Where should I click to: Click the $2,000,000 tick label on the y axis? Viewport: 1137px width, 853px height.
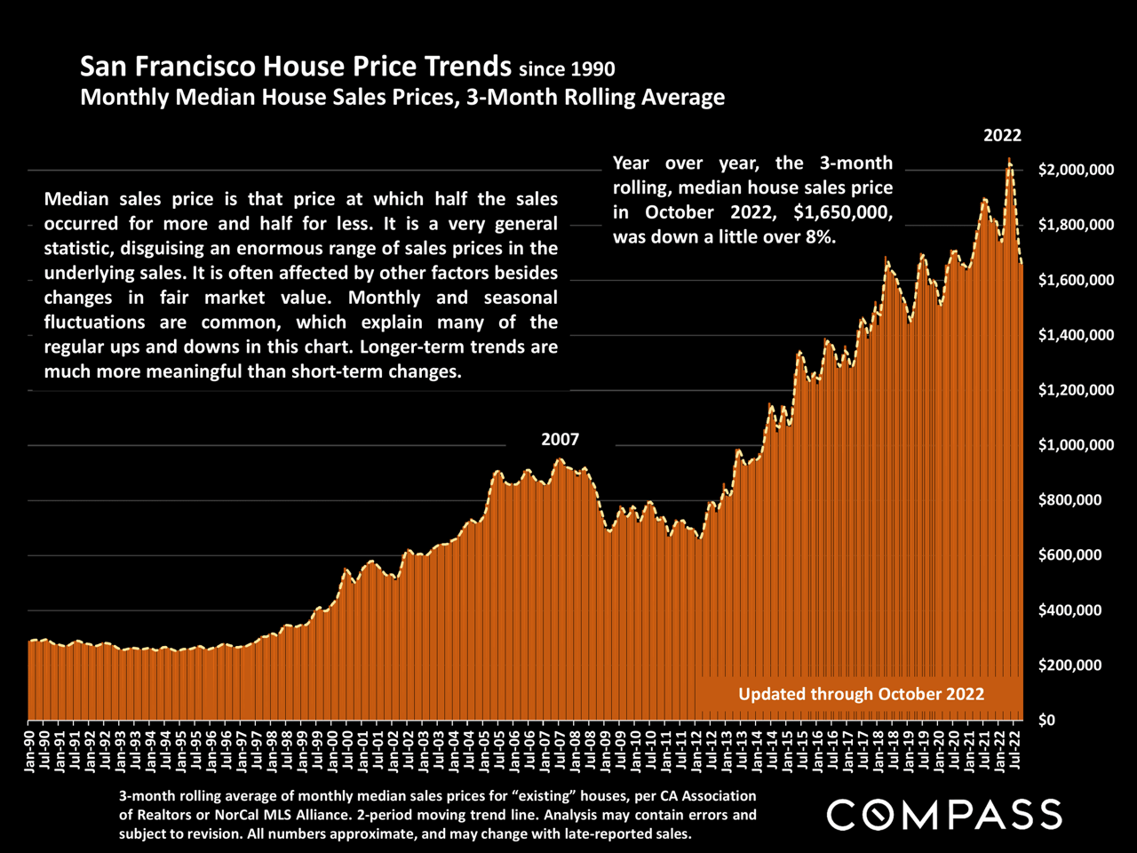click(x=1076, y=171)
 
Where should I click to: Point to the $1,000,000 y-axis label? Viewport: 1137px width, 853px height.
click(x=1076, y=445)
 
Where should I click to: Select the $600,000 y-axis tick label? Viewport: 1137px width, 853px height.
click(x=1070, y=555)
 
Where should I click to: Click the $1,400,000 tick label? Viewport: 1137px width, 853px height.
click(x=1076, y=335)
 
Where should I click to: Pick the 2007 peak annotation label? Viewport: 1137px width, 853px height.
click(x=560, y=440)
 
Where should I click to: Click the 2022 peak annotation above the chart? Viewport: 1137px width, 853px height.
click(x=1002, y=136)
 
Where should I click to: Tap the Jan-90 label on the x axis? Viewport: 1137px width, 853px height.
click(x=32, y=751)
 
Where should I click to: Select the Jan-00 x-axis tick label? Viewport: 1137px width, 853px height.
click(x=335, y=751)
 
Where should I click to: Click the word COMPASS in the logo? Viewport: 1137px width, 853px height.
click(x=944, y=815)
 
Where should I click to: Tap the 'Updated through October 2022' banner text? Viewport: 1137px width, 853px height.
click(x=861, y=694)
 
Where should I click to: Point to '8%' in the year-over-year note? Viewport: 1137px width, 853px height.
click(x=823, y=237)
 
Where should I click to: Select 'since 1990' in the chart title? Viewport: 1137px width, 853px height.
click(x=567, y=68)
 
